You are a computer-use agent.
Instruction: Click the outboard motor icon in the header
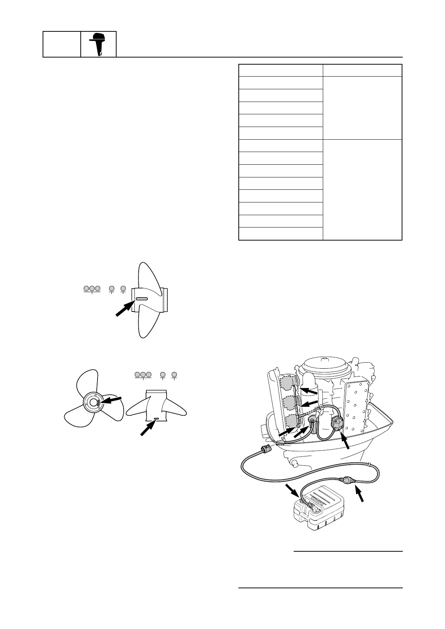98,44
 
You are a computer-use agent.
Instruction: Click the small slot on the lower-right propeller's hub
156,419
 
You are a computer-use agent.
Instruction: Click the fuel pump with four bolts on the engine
339,424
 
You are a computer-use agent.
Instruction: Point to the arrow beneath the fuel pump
347,442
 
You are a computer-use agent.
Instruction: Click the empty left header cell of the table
280,70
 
